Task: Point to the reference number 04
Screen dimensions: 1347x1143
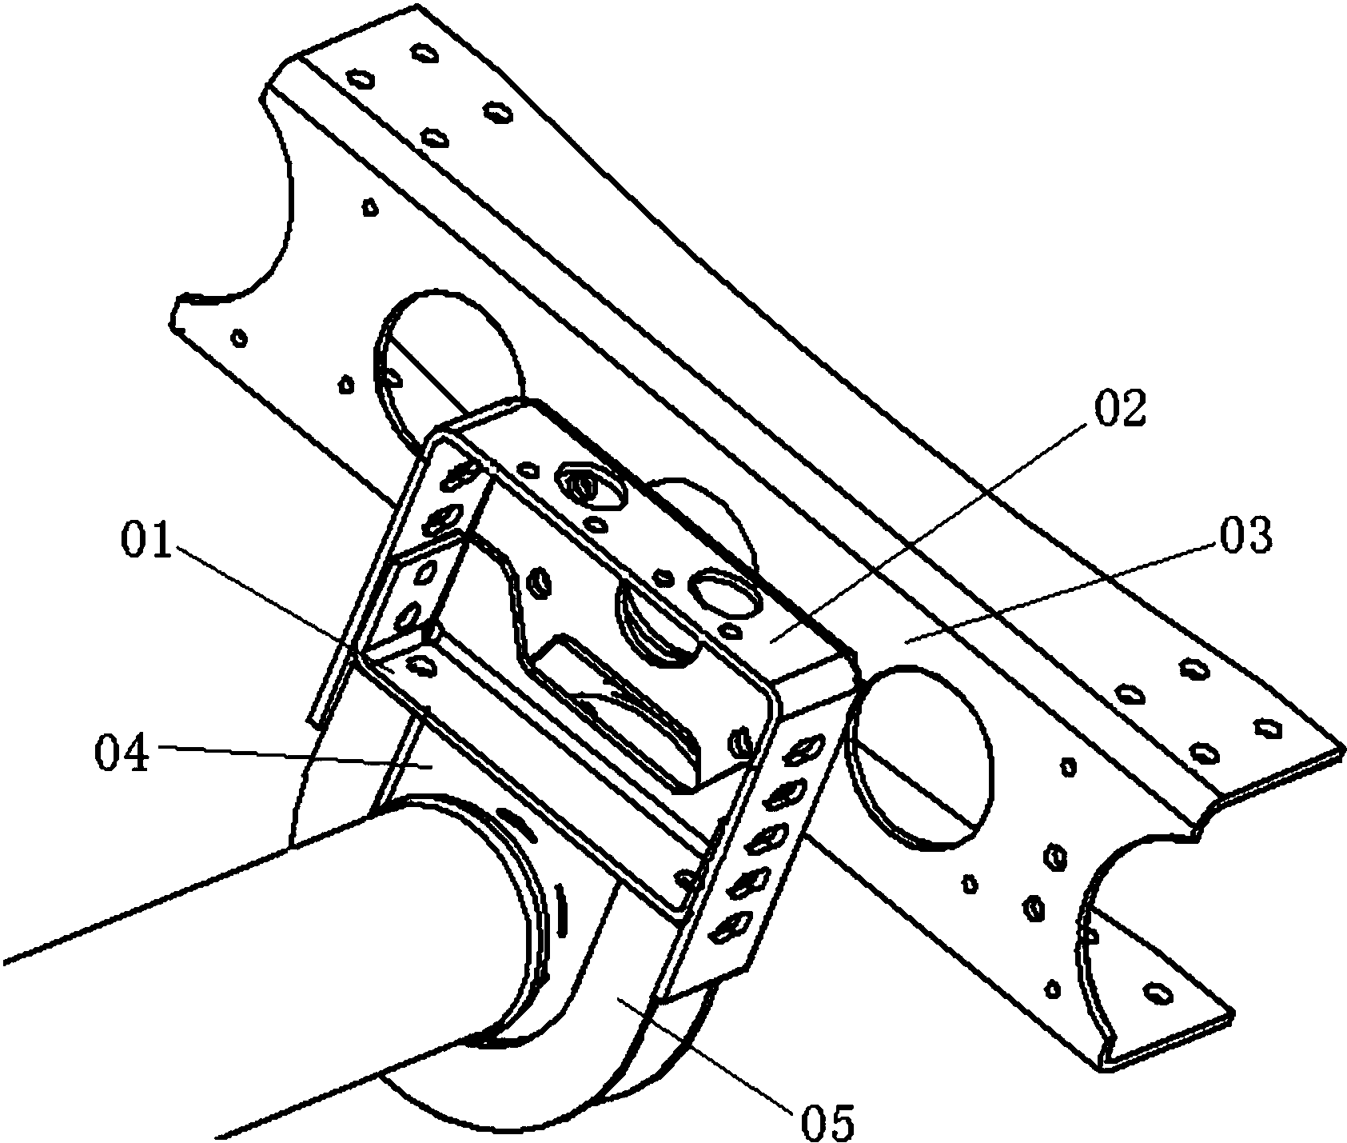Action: click(122, 753)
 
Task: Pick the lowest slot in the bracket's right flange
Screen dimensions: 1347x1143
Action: click(729, 928)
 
